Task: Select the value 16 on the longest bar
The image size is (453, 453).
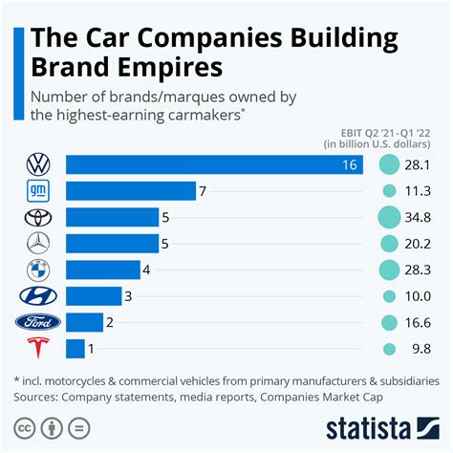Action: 349,165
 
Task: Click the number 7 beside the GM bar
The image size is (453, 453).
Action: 204,191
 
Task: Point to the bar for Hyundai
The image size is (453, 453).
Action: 94,296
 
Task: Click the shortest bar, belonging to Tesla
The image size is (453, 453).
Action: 75,349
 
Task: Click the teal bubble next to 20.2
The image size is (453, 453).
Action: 390,244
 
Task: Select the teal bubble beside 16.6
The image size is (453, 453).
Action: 390,323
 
